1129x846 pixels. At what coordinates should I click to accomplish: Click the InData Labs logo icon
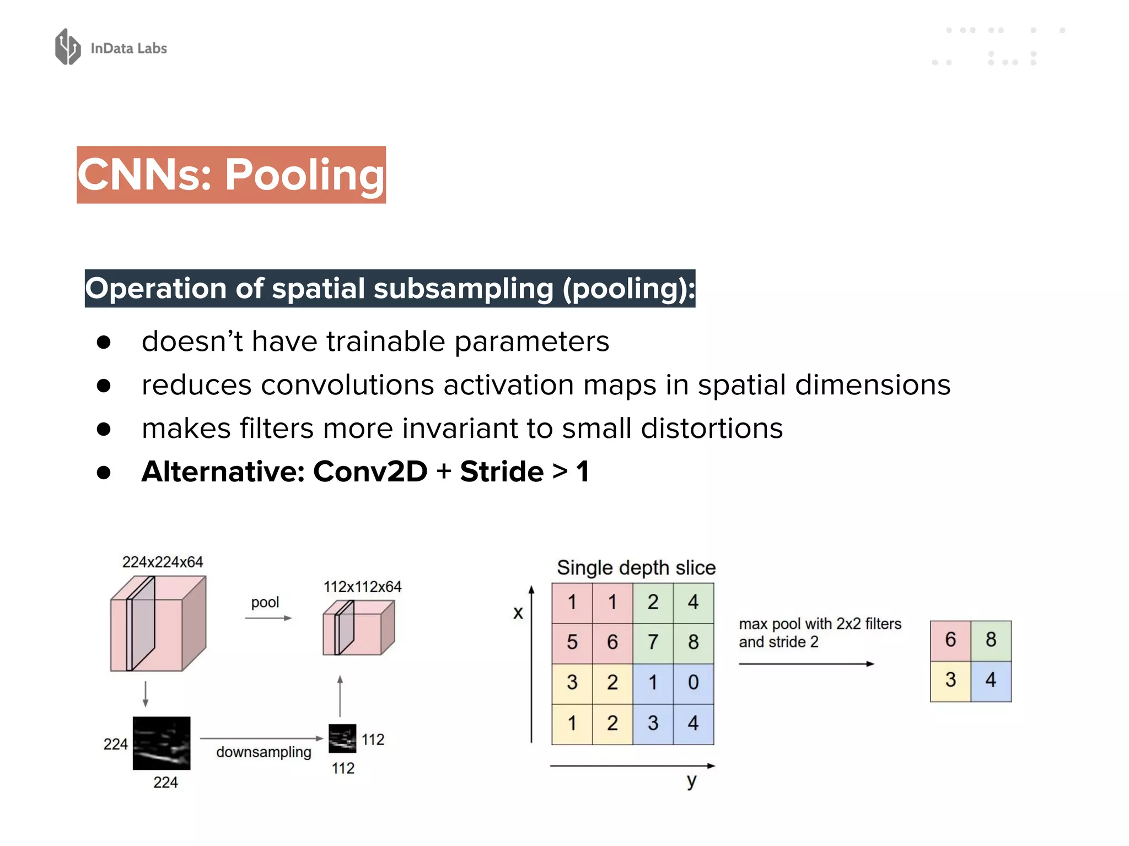[68, 47]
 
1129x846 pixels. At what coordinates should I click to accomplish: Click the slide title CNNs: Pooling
[231, 175]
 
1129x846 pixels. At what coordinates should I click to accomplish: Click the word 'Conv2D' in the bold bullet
[370, 472]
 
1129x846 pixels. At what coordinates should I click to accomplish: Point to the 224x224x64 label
[162, 562]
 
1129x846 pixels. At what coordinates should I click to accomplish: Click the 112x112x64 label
[362, 587]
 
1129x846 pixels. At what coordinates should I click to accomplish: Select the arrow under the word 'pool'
[268, 618]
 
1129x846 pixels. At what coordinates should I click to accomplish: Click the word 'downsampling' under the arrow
[264, 752]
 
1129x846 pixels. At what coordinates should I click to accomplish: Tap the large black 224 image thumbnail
[162, 743]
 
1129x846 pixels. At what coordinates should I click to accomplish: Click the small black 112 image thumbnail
[342, 739]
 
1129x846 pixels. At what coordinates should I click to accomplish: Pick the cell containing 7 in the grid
[653, 642]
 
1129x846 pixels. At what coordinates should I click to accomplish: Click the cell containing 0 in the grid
[693, 683]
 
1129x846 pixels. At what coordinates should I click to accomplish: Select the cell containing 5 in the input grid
[572, 642]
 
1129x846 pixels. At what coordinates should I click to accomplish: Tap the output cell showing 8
[991, 640]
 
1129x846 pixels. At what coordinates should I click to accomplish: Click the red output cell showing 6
[950, 640]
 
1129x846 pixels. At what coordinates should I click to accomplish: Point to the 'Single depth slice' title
[636, 568]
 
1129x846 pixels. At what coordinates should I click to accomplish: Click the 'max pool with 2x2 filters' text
[820, 624]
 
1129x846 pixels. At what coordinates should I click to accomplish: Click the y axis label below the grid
[692, 781]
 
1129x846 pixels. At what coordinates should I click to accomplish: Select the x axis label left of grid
[518, 612]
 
